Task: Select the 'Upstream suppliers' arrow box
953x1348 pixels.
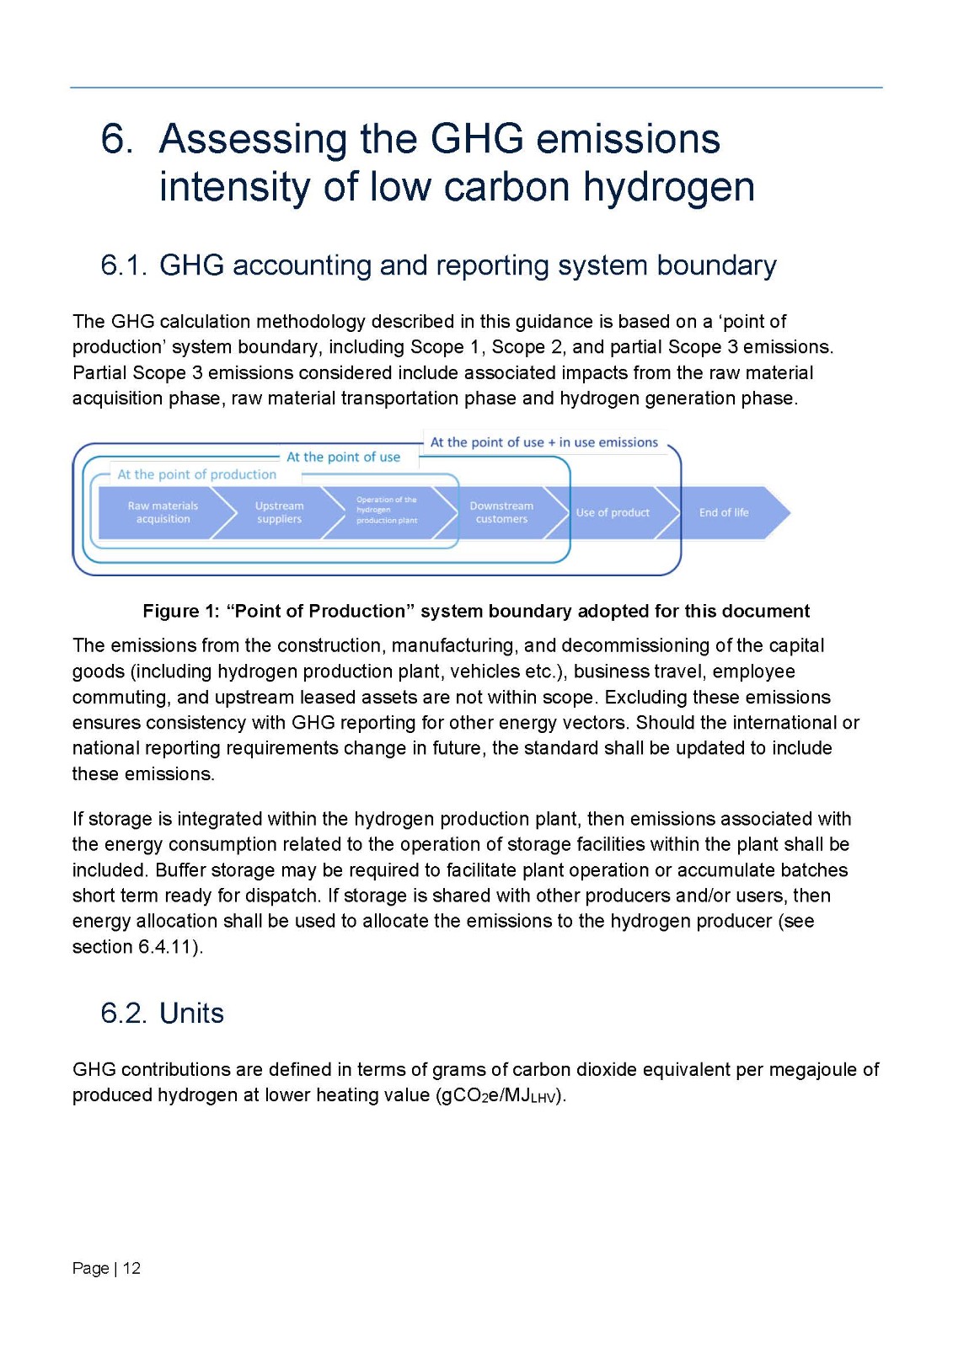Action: pos(279,512)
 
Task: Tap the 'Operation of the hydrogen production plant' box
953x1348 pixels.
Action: pos(387,511)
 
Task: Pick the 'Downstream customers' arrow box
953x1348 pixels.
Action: pos(501,512)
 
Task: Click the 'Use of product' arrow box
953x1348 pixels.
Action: pos(613,512)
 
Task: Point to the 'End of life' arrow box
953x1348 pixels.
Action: pos(724,512)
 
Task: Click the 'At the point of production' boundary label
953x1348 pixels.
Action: pos(196,474)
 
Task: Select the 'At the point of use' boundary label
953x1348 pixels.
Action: pos(343,457)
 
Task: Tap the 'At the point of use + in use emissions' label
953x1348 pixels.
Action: pos(543,442)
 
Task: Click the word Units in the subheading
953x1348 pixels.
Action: pos(192,1013)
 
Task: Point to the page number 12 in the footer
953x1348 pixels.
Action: pos(131,1268)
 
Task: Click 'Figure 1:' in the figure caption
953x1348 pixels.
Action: pos(180,611)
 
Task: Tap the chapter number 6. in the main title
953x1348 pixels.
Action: pos(116,139)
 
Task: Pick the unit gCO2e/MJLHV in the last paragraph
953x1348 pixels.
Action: pos(499,1095)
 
